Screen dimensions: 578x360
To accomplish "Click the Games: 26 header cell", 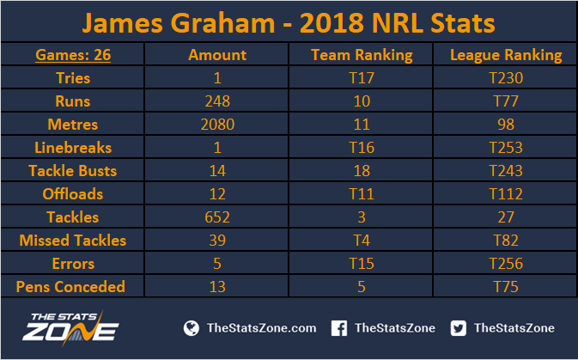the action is [73, 55].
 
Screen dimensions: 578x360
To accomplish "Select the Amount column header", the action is [217, 55].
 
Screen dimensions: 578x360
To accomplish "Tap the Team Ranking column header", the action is [362, 55].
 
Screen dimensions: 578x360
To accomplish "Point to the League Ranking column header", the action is [506, 55].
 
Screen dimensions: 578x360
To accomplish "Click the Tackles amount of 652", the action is [217, 217].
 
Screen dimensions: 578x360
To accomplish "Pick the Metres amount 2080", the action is [217, 125].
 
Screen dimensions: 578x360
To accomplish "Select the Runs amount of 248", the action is [217, 101].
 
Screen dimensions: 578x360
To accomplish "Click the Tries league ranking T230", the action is [506, 78].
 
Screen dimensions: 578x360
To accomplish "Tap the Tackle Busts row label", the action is [73, 171].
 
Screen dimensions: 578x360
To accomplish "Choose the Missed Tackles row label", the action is [73, 241].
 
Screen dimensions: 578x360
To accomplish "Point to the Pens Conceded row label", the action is [70, 287].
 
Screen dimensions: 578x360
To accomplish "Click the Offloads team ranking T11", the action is [362, 194].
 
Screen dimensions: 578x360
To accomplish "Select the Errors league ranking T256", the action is [506, 264].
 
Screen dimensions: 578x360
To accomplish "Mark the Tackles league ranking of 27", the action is [506, 217].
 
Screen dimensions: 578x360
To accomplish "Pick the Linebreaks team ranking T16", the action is [362, 148].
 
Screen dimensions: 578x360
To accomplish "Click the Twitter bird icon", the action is [459, 328].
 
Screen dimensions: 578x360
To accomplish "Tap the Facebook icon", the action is [338, 328].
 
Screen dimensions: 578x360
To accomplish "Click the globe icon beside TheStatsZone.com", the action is [192, 328].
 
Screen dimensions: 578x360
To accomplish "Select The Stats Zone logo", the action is [70, 327].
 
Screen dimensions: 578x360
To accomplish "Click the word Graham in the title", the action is [223, 23].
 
